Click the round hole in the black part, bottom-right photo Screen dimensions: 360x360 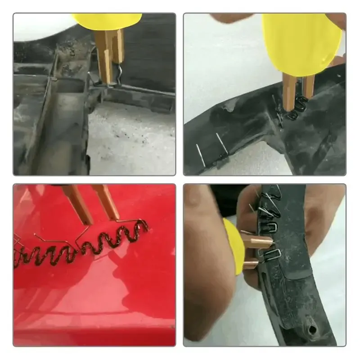coord(312,330)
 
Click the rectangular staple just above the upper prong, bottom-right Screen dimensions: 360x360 coord(265,225)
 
